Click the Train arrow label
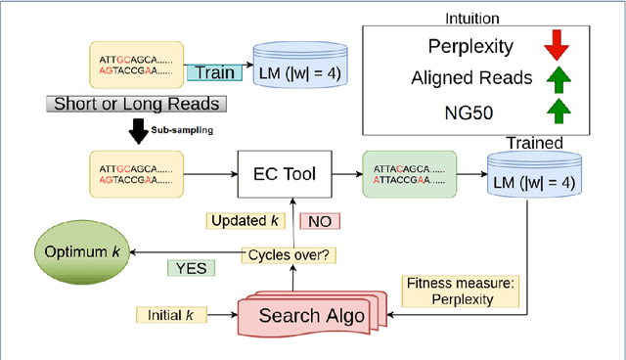click(213, 72)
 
